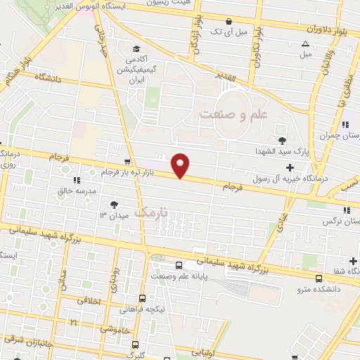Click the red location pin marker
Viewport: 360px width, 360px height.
(x=181, y=165)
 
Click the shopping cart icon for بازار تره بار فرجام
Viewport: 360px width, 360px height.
(x=127, y=162)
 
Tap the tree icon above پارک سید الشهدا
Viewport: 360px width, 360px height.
(x=283, y=140)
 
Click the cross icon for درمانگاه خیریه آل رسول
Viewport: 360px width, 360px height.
(x=289, y=166)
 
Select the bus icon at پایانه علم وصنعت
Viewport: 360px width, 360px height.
(x=181, y=265)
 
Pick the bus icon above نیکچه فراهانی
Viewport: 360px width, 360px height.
(x=143, y=298)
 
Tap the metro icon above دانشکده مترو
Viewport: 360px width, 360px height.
(x=320, y=277)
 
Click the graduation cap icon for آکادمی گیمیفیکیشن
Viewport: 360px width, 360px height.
(x=136, y=49)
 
